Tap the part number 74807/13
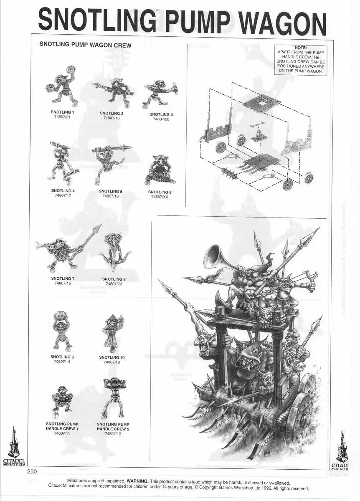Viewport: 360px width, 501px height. point(112,119)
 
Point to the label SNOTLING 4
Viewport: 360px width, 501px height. point(62,191)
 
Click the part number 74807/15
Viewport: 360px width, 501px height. point(63,283)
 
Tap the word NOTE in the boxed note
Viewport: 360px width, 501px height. point(301,48)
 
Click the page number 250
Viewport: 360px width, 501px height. point(33,472)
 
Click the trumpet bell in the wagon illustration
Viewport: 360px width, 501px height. point(215,256)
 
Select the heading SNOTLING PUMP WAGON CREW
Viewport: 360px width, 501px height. point(85,45)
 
